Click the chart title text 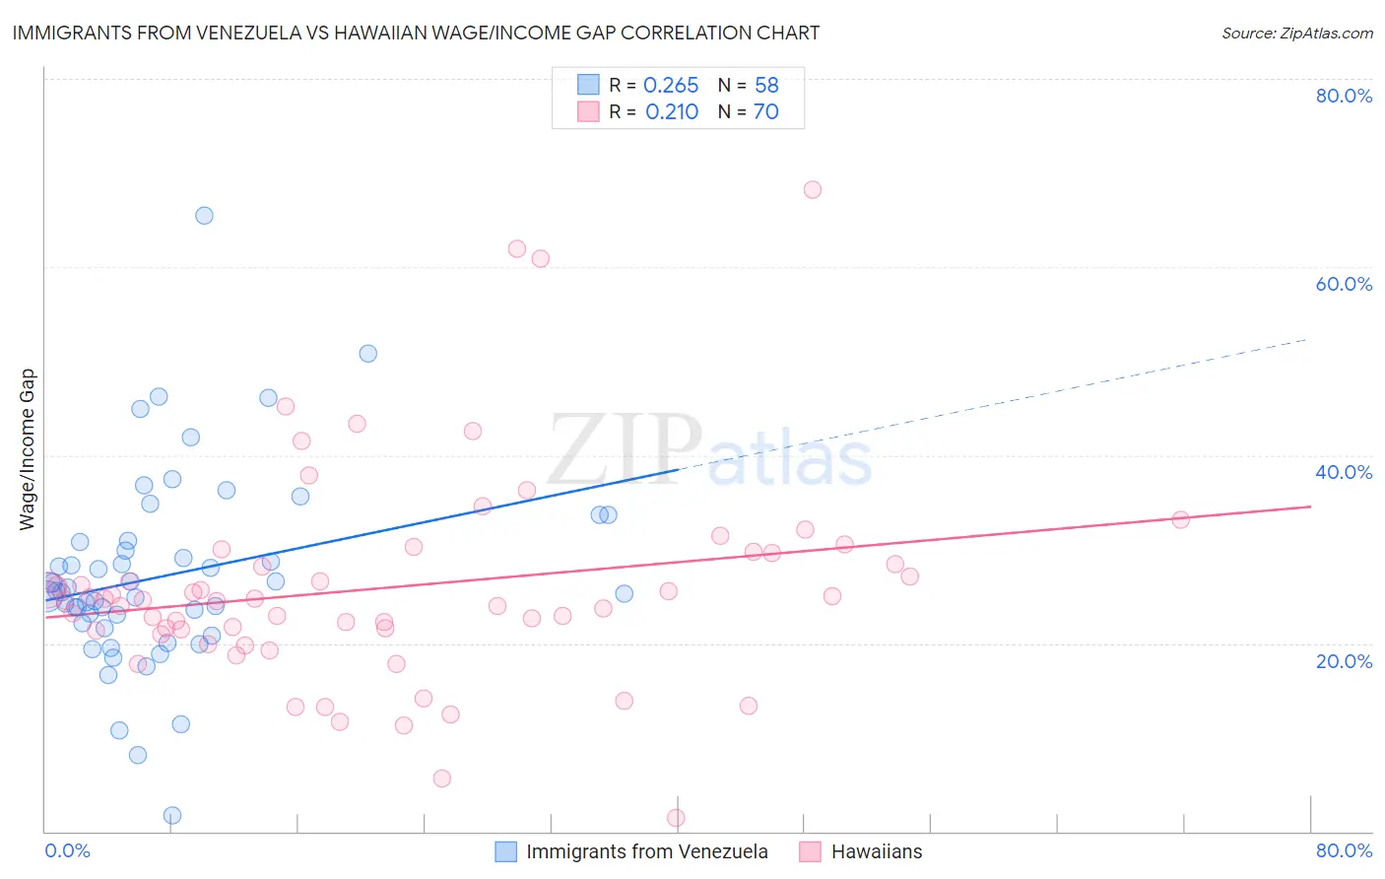coord(416,33)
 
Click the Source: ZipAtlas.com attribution coord(1296,33)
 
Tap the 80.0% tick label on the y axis coord(1344,96)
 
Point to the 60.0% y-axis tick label coord(1344,284)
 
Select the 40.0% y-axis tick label coord(1344,472)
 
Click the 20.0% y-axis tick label coord(1344,660)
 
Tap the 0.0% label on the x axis coord(67,850)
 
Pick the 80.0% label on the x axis coord(1344,850)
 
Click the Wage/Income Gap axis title coord(27,449)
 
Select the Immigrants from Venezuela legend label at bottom coord(646,851)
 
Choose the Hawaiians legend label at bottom coord(877,851)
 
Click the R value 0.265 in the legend coord(671,85)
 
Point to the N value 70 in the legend coord(765,112)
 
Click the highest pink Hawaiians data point coord(813,190)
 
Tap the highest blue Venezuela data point coord(204,216)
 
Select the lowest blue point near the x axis coord(172,815)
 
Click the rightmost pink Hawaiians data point coord(1180,519)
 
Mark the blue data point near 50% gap coord(367,354)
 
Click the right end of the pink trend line coord(1310,507)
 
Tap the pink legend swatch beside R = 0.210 coord(588,111)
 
